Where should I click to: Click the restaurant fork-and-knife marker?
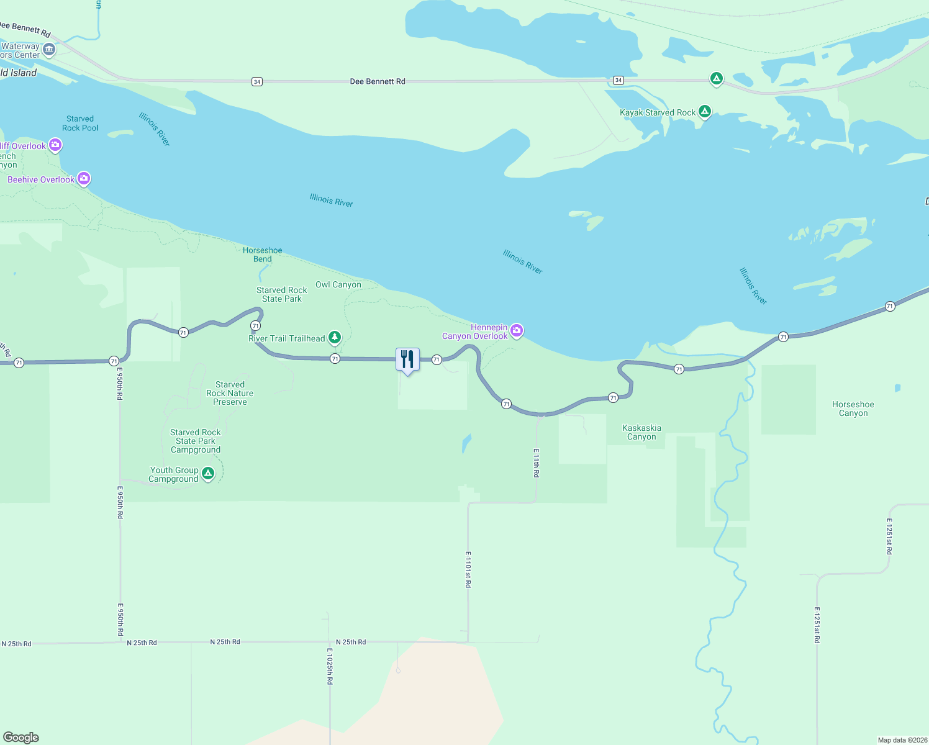click(x=407, y=359)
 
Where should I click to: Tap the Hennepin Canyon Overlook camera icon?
click(x=516, y=331)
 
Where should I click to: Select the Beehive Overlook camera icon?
click(x=84, y=179)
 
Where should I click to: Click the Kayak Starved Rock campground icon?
click(x=704, y=112)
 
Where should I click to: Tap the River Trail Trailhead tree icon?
click(x=335, y=338)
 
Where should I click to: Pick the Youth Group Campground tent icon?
click(x=208, y=474)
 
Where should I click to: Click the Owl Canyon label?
click(x=338, y=284)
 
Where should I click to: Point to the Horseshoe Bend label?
click(x=262, y=255)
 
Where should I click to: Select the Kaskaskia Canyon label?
click(x=641, y=432)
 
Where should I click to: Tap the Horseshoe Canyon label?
click(x=853, y=409)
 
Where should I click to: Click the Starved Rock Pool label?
click(x=80, y=123)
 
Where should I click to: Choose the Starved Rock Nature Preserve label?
click(x=230, y=393)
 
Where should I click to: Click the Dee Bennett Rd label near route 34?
click(x=377, y=81)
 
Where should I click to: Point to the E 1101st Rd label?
click(x=468, y=569)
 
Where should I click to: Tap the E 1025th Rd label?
click(x=330, y=666)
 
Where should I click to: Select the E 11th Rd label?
click(x=537, y=463)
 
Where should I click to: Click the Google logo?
click(x=21, y=737)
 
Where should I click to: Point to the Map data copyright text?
click(x=902, y=740)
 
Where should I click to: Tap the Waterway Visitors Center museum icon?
click(x=49, y=50)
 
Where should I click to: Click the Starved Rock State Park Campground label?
click(x=196, y=441)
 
